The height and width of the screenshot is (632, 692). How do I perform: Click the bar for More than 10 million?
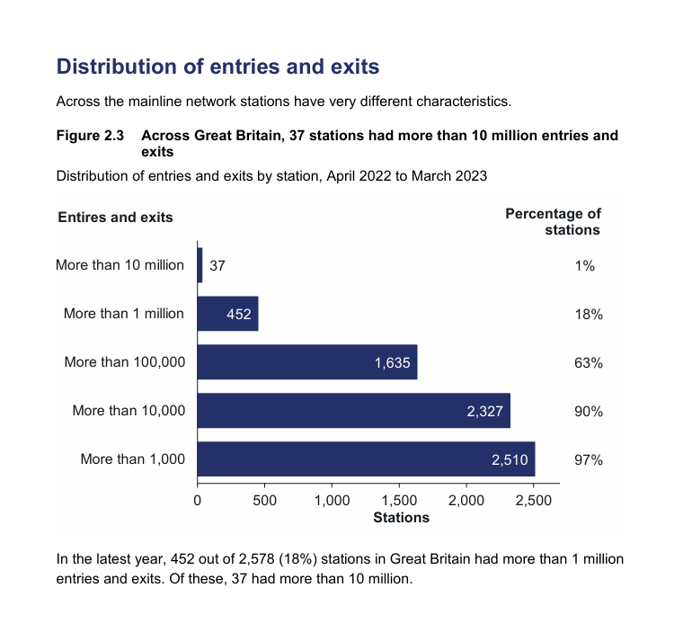tap(200, 265)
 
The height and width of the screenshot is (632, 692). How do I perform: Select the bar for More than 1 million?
tap(227, 314)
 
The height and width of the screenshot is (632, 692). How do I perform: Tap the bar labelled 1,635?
tap(306, 362)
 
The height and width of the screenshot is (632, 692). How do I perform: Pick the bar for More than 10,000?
tap(353, 411)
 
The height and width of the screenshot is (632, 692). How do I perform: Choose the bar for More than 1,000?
tap(366, 459)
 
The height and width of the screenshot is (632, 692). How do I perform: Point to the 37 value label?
tap(217, 266)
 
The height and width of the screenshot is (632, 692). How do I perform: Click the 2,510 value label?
tap(508, 460)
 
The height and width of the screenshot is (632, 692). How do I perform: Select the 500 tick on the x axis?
tap(264, 500)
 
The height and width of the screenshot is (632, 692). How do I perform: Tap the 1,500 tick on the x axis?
tap(399, 500)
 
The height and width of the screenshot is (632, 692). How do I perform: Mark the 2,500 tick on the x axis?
tap(533, 500)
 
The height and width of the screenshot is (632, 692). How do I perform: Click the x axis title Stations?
tap(401, 517)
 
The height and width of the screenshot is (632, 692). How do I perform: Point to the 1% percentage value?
tap(585, 266)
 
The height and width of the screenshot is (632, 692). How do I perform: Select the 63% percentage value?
tap(588, 363)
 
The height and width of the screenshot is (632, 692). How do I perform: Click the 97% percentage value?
tap(588, 460)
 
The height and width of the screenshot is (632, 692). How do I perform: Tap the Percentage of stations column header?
tap(554, 221)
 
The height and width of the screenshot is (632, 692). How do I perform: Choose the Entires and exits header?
tap(115, 217)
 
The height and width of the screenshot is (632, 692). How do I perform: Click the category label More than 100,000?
tap(124, 362)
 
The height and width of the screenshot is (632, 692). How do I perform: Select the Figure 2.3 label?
tap(90, 136)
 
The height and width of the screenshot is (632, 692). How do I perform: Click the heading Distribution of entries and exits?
tap(217, 67)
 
